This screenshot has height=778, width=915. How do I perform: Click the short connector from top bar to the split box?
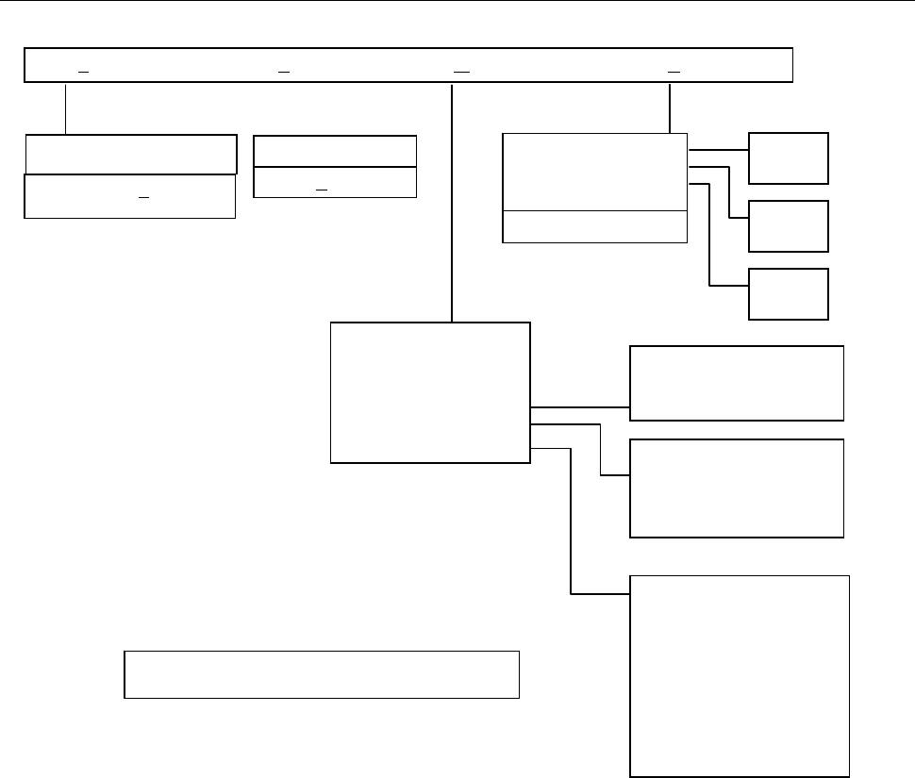pyautogui.click(x=669, y=108)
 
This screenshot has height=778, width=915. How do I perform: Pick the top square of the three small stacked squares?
pyautogui.click(x=788, y=157)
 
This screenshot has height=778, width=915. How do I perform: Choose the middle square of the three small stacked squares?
pyautogui.click(x=788, y=225)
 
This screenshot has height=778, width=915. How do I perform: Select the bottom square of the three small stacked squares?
pyautogui.click(x=788, y=293)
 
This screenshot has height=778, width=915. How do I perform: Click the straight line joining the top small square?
pyautogui.click(x=718, y=149)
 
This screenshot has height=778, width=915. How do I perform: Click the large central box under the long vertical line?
pyautogui.click(x=430, y=392)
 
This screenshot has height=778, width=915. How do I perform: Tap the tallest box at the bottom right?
pyautogui.click(x=740, y=675)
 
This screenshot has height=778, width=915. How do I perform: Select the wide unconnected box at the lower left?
pyautogui.click(x=322, y=673)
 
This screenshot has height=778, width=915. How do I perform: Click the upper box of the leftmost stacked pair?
pyautogui.click(x=130, y=154)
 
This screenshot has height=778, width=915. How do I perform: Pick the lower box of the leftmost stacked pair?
pyautogui.click(x=129, y=196)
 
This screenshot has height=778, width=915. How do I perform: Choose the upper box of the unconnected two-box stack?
pyautogui.click(x=335, y=151)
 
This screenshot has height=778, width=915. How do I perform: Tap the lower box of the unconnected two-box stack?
pyautogui.click(x=335, y=183)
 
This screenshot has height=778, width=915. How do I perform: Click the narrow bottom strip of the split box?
pyautogui.click(x=594, y=226)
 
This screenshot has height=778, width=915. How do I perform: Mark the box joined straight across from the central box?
pyautogui.click(x=736, y=382)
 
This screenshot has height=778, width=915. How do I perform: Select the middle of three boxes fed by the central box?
pyautogui.click(x=736, y=488)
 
